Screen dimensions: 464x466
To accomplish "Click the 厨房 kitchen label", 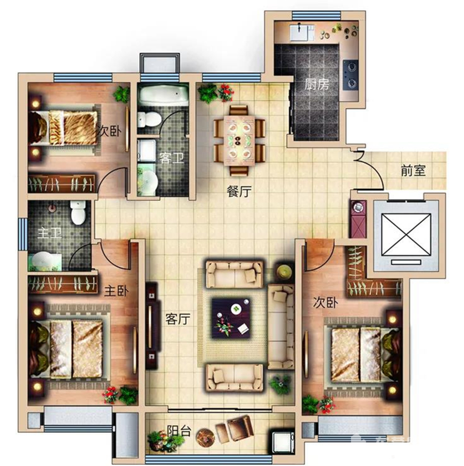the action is click(x=317, y=85).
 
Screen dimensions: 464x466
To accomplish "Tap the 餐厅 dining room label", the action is click(x=239, y=191).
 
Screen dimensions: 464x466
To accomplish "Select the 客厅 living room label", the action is click(x=177, y=319).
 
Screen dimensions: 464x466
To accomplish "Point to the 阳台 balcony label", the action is click(x=179, y=431).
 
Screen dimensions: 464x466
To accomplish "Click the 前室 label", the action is click(x=413, y=170).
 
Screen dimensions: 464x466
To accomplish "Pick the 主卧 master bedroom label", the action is click(x=117, y=290).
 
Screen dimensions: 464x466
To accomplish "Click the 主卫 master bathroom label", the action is click(x=50, y=232).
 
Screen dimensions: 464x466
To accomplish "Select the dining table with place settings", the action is click(x=239, y=141).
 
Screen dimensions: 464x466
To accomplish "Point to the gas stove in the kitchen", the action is click(x=351, y=75).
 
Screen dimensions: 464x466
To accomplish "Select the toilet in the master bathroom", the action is click(x=78, y=212).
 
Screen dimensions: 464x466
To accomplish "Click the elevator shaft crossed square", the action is click(x=406, y=235).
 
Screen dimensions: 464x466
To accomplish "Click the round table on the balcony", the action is click(x=205, y=436).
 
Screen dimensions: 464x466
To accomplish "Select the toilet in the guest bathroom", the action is click(x=149, y=119).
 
